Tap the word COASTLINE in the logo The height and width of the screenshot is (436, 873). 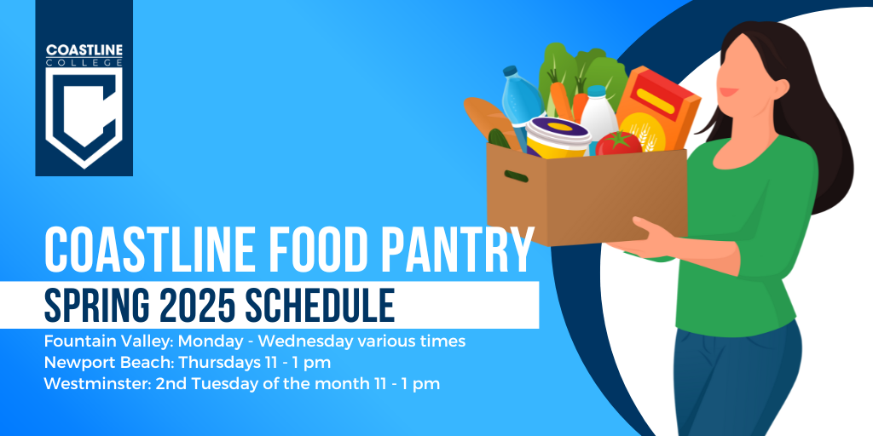tap(84, 50)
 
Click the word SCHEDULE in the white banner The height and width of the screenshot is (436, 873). tap(321, 306)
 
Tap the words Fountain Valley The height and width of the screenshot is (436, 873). tap(108, 341)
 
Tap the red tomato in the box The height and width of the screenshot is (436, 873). tap(618, 143)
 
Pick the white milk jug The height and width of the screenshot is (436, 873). tap(598, 117)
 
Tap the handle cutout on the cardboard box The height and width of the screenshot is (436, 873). tap(516, 176)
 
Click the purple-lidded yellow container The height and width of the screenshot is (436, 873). tap(558, 137)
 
